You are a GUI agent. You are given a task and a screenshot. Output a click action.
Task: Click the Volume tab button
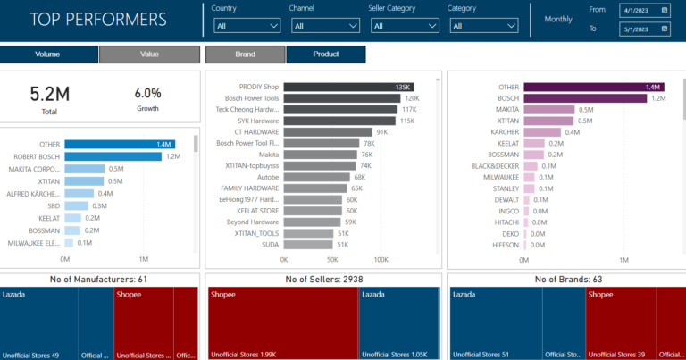pyautogui.click(x=48, y=54)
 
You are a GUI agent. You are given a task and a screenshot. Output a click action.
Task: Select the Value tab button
pyautogui.click(x=149, y=54)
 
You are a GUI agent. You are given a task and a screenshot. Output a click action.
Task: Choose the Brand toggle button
pyautogui.click(x=245, y=54)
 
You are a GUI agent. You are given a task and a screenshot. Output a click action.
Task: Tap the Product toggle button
pyautogui.click(x=325, y=54)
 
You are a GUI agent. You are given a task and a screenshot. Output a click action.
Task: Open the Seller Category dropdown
pyautogui.click(x=402, y=26)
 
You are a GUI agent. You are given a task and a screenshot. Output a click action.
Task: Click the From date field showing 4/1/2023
pyautogui.click(x=644, y=11)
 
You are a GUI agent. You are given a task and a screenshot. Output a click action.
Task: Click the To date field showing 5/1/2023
pyautogui.click(x=644, y=29)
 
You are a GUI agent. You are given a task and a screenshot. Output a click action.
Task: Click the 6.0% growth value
pyautogui.click(x=147, y=93)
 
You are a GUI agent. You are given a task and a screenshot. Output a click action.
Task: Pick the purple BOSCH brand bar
pyautogui.click(x=585, y=98)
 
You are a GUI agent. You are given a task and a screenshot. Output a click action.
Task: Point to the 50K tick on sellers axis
pyautogui.click(x=331, y=260)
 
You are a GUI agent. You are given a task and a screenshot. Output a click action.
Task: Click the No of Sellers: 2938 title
pyautogui.click(x=322, y=280)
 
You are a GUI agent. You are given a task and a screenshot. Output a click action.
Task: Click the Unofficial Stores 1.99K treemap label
pyautogui.click(x=244, y=355)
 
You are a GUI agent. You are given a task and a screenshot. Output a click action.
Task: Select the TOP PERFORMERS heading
pyautogui.click(x=98, y=19)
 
